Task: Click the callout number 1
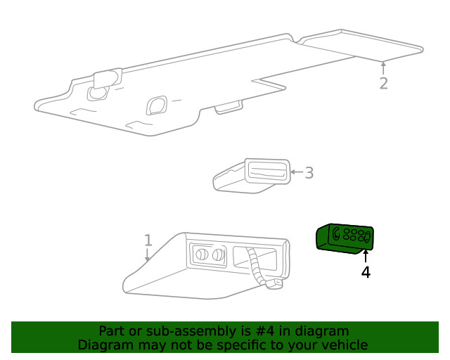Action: (148, 240)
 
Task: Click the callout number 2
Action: (383, 83)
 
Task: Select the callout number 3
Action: (309, 172)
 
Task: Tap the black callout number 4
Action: (366, 271)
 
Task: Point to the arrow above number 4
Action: (366, 255)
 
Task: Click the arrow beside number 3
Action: (296, 172)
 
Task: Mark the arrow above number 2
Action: (383, 67)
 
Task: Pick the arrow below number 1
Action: (148, 256)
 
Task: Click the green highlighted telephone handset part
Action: (344, 239)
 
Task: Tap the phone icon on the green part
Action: (337, 233)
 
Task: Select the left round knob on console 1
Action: (200, 255)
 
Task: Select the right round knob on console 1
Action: (218, 255)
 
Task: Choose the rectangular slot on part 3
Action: (266, 171)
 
